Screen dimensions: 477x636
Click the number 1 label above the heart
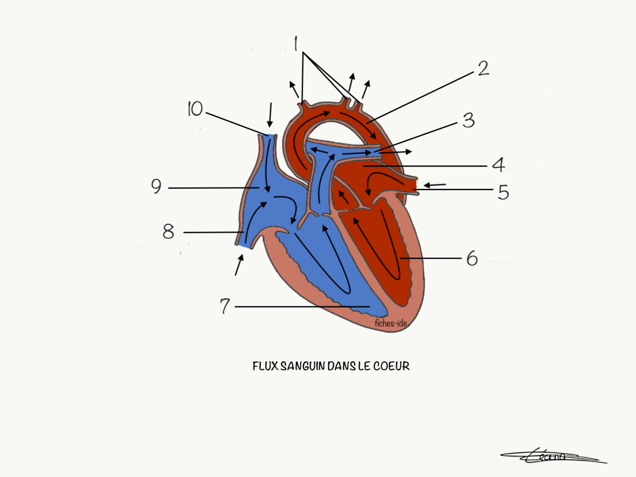tap(296, 44)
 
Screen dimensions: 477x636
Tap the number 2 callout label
tap(483, 68)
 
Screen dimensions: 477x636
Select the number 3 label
tap(468, 120)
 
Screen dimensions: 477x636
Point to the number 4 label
tap(499, 165)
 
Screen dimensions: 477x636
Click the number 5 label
tap(503, 192)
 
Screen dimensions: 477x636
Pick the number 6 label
tap(472, 259)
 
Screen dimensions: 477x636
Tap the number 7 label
tap(224, 306)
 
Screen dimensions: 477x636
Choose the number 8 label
tap(168, 232)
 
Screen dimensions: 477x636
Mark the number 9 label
tap(156, 186)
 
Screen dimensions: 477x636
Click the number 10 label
tap(195, 109)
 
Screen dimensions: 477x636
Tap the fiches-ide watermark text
tap(390, 323)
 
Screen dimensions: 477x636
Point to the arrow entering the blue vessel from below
tap(239, 265)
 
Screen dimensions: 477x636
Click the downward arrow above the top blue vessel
tap(270, 115)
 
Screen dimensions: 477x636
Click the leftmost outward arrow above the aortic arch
tap(294, 89)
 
